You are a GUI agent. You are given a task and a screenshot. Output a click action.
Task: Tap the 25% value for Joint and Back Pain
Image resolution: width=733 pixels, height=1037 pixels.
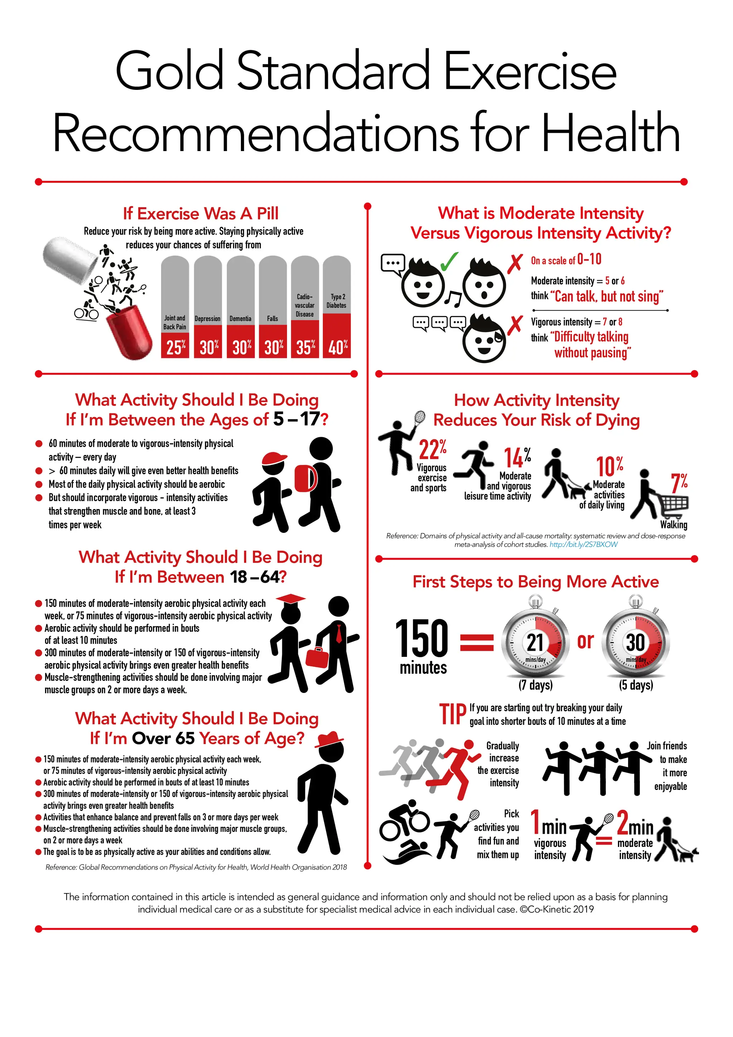[x=176, y=347]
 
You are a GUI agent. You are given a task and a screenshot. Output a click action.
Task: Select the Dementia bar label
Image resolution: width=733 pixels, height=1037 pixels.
[x=240, y=319]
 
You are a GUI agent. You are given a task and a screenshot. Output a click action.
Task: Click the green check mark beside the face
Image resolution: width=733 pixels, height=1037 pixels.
[x=448, y=261]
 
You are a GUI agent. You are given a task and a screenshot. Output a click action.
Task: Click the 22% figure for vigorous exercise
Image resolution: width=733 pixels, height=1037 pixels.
[x=433, y=449]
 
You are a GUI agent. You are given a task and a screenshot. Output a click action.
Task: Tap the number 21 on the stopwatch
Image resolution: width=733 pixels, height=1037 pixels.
[x=535, y=642]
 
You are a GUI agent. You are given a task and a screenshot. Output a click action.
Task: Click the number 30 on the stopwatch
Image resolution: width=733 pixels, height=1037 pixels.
[x=635, y=642]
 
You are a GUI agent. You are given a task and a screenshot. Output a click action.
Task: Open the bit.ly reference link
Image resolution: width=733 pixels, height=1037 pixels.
[x=583, y=545]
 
